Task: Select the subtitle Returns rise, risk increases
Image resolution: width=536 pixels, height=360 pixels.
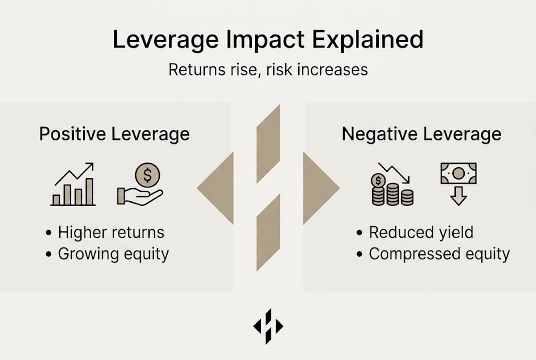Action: pyautogui.click(x=268, y=69)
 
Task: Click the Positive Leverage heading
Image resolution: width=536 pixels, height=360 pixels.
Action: pyautogui.click(x=114, y=134)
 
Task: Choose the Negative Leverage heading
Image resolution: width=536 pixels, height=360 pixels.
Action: pyautogui.click(x=421, y=134)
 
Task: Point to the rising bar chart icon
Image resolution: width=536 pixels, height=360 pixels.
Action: pyautogui.click(x=74, y=185)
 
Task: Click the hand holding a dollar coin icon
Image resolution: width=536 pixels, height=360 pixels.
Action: pyautogui.click(x=140, y=185)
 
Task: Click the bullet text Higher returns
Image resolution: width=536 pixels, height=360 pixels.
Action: pyautogui.click(x=111, y=232)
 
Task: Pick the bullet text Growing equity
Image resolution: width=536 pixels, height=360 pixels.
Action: pyautogui.click(x=113, y=254)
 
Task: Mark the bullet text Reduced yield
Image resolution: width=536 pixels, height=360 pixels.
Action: pyautogui.click(x=421, y=232)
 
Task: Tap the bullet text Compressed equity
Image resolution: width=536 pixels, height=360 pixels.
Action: pyautogui.click(x=439, y=254)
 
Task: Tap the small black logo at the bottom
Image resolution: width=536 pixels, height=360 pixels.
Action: pyautogui.click(x=268, y=326)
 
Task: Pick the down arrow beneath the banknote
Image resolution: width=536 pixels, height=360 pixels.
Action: pyautogui.click(x=458, y=198)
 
